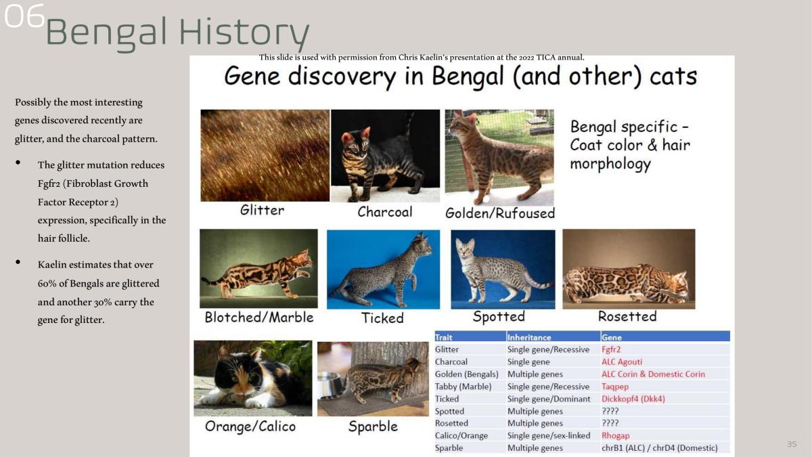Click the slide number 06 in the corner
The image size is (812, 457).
coord(24,16)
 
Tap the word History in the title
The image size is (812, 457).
coord(244,32)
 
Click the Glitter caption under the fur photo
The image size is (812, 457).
coord(262,210)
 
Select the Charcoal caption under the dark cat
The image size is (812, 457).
coord(385,212)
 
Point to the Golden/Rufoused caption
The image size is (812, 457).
coord(500,213)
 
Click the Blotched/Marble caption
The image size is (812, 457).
coord(259,318)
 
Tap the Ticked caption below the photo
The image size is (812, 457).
coord(382,318)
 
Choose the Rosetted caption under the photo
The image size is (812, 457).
coord(627,316)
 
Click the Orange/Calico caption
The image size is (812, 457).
coord(250,427)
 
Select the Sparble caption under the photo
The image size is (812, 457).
coord(373,427)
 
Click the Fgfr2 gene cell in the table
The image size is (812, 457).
coord(611,349)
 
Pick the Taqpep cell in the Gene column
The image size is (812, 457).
coord(615,387)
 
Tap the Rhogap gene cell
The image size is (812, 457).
coord(616,435)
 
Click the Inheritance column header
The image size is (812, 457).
coord(529,337)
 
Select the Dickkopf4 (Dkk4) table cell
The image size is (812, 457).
coord(633,399)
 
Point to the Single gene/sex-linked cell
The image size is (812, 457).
coord(549,435)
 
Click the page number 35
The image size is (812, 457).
coord(792,444)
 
